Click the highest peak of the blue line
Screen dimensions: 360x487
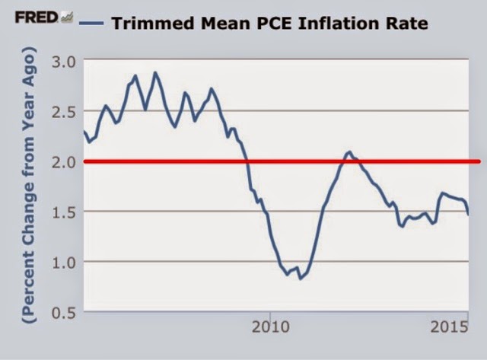pyautogui.click(x=155, y=73)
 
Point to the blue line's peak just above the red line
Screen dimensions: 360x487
pyautogui.click(x=349, y=152)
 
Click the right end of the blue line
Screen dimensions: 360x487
pyautogui.click(x=468, y=215)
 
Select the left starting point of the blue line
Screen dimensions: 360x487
pyautogui.click(x=84, y=132)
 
